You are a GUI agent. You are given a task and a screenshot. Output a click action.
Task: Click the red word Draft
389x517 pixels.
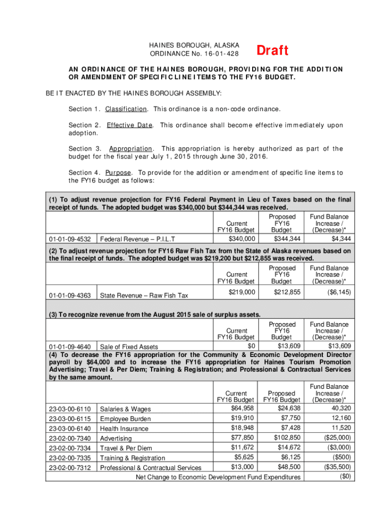click(x=272, y=50)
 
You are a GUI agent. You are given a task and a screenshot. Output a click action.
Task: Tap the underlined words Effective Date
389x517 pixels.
click(x=129, y=125)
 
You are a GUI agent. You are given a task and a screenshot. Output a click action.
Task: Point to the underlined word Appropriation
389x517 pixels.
click(x=130, y=149)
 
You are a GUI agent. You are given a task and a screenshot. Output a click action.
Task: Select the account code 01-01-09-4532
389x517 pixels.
click(x=70, y=239)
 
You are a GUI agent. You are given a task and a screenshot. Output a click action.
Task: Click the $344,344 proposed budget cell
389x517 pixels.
click(x=287, y=239)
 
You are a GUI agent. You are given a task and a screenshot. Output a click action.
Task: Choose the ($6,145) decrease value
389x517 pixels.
click(x=335, y=292)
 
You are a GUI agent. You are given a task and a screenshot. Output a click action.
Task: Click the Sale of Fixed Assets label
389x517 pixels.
click(x=129, y=347)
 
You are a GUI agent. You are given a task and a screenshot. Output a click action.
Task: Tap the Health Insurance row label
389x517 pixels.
click(x=124, y=429)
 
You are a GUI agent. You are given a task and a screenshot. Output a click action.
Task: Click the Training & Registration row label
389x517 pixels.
click(x=132, y=458)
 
